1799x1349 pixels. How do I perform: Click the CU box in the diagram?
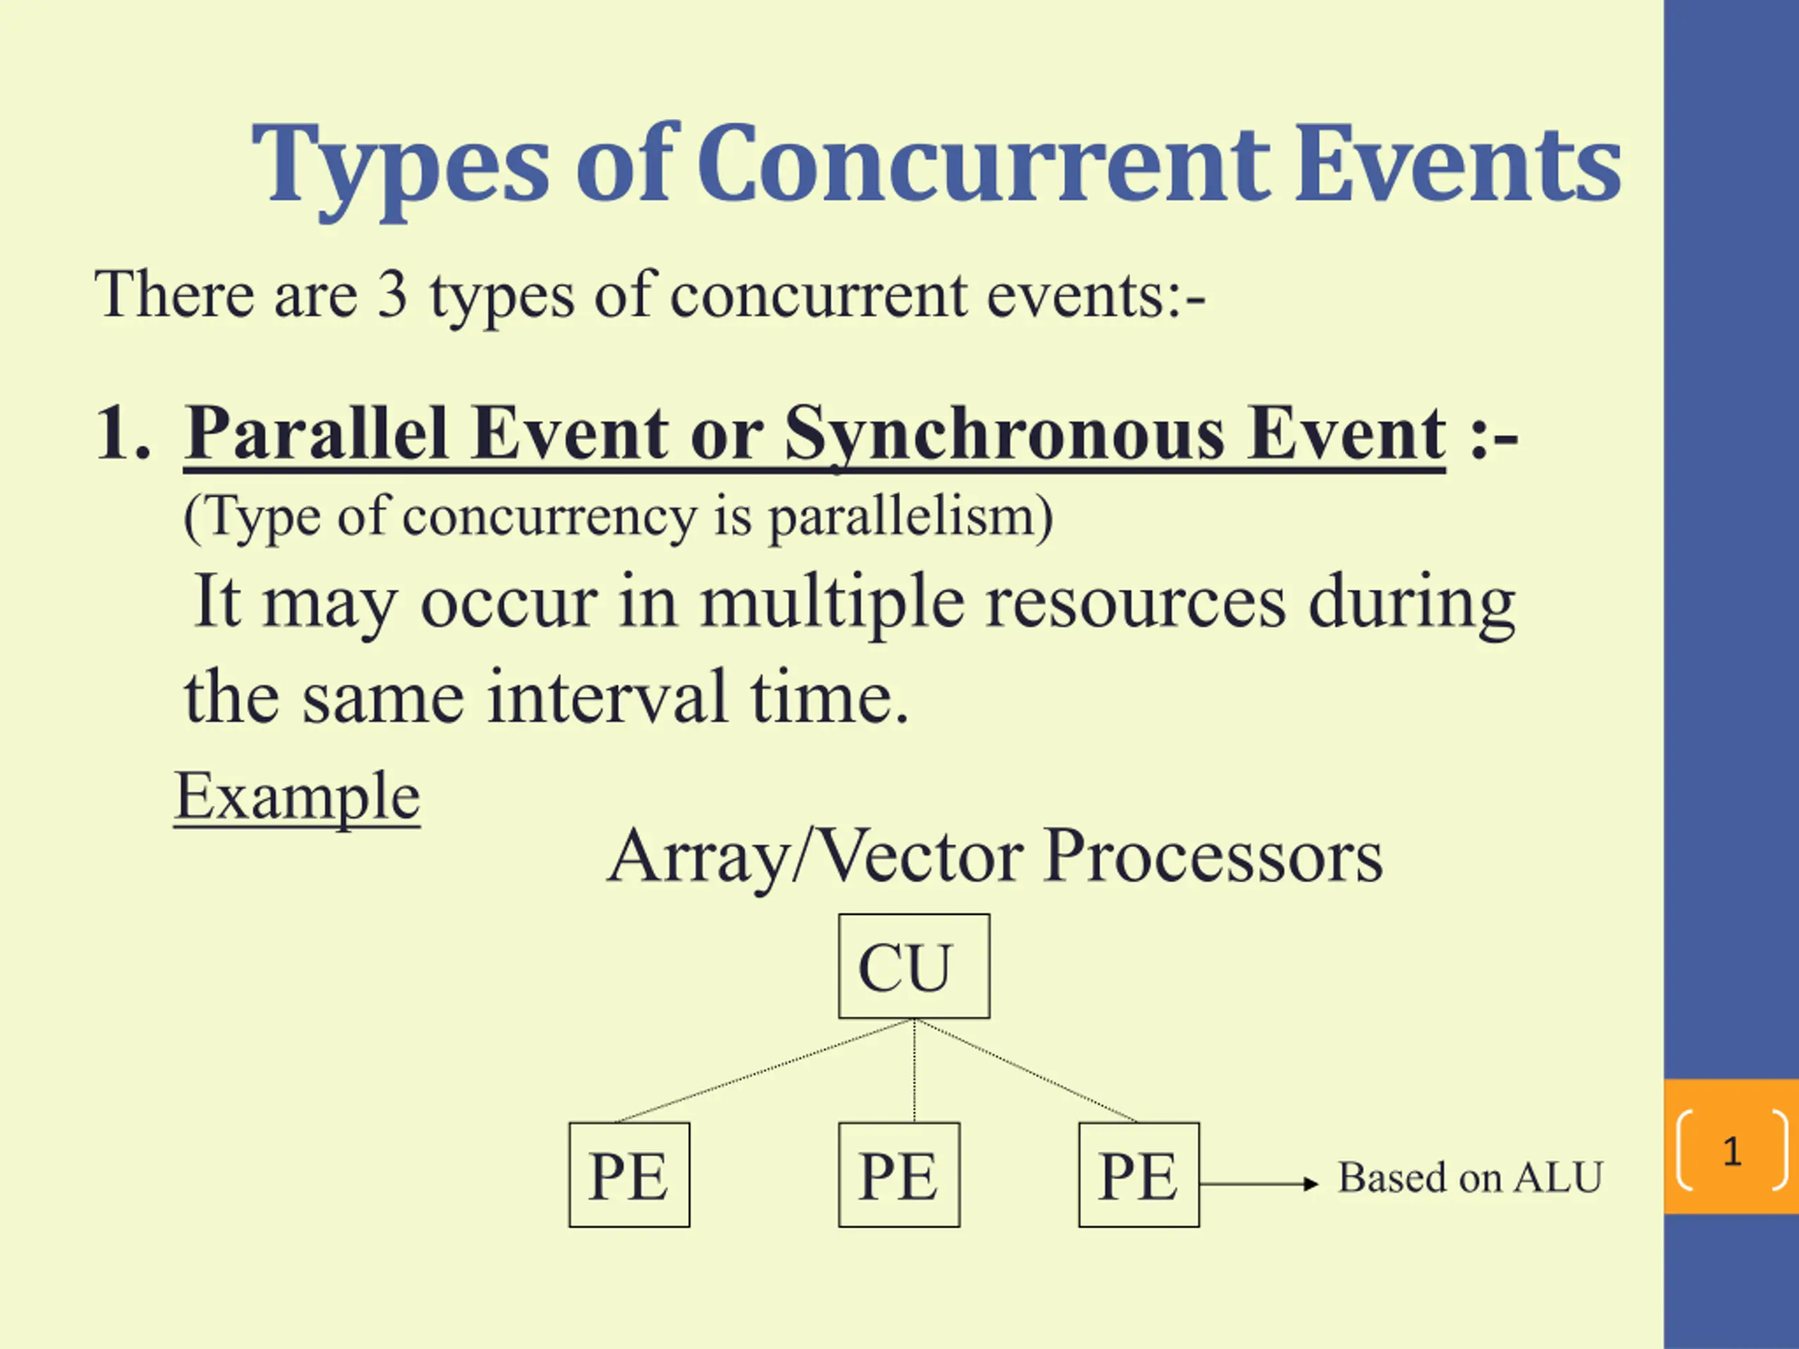point(914,966)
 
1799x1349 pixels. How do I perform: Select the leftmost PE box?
point(630,1175)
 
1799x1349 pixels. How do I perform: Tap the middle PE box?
point(899,1175)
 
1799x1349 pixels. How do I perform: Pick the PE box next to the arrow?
point(1138,1175)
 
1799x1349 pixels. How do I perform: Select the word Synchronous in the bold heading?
point(1005,436)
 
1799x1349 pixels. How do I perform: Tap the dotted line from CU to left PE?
point(765,1071)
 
